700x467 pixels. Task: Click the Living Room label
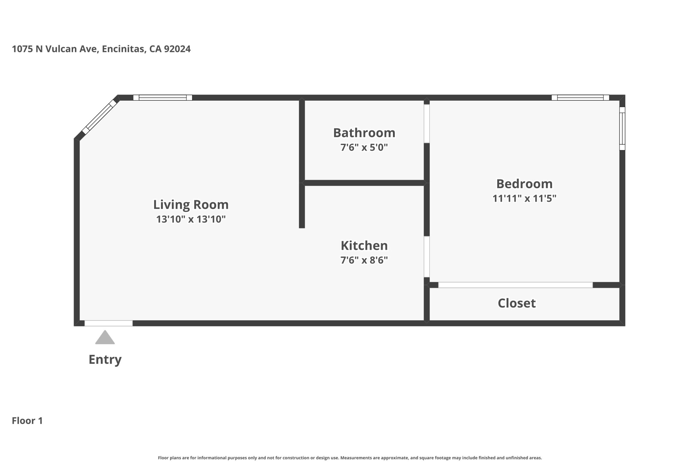(x=191, y=205)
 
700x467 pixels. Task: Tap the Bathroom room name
(x=364, y=133)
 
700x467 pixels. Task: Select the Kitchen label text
(x=364, y=246)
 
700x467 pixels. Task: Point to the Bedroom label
(x=524, y=184)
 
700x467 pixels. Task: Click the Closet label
(x=517, y=303)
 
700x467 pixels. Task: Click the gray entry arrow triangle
(x=105, y=337)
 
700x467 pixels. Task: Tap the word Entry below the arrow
(x=105, y=360)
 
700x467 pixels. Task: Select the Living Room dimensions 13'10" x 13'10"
(x=191, y=219)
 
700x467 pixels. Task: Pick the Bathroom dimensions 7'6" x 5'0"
(x=364, y=147)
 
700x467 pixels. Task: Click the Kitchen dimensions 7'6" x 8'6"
(x=364, y=260)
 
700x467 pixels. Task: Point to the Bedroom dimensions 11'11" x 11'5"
(x=524, y=198)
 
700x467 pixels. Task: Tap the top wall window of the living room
(x=162, y=98)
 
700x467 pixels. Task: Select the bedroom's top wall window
(x=580, y=98)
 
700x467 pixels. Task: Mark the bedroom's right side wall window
(x=622, y=128)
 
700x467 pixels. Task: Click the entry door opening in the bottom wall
(x=109, y=323)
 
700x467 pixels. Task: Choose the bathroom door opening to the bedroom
(x=427, y=124)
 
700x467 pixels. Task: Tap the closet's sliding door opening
(x=515, y=285)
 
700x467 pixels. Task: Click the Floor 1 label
(x=27, y=420)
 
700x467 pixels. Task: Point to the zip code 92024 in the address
(x=177, y=49)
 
